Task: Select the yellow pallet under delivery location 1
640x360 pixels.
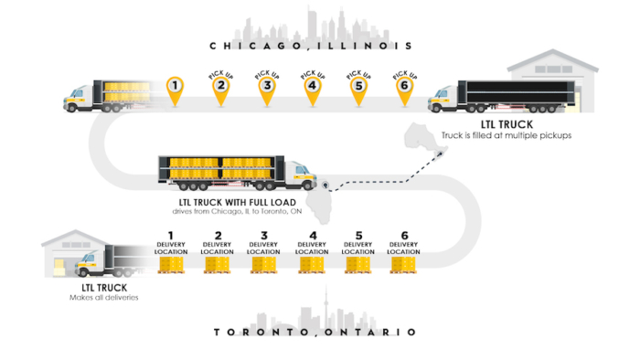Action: (170, 264)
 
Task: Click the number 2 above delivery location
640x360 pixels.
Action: (217, 234)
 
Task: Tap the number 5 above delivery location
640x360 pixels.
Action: (357, 234)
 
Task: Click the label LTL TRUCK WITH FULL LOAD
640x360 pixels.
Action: (237, 202)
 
